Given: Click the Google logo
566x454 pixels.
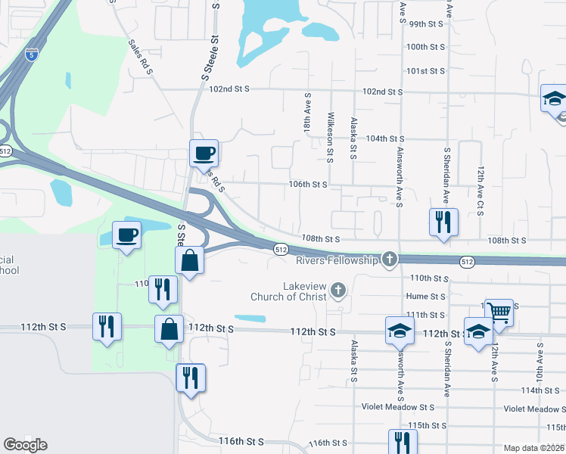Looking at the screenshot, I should coord(25,445).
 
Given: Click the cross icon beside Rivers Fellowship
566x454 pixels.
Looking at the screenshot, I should coord(390,260).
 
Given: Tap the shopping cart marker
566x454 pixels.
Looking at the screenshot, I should coord(499,311).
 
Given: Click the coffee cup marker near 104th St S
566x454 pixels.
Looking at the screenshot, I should coord(204,153).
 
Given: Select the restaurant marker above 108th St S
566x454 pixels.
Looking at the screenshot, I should coord(443,222).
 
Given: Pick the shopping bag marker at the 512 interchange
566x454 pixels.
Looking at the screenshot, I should coord(190,261).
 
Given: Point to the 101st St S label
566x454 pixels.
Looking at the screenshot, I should coord(424,70).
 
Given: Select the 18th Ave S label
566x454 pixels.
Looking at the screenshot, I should coord(308,113).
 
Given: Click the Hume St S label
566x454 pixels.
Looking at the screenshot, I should coord(426,297).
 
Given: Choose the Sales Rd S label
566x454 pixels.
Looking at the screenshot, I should coord(141,57).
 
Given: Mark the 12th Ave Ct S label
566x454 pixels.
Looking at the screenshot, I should coord(480,188).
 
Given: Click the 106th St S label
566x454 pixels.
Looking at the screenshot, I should coord(307,184).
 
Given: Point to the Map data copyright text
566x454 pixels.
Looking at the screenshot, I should coord(534,448).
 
